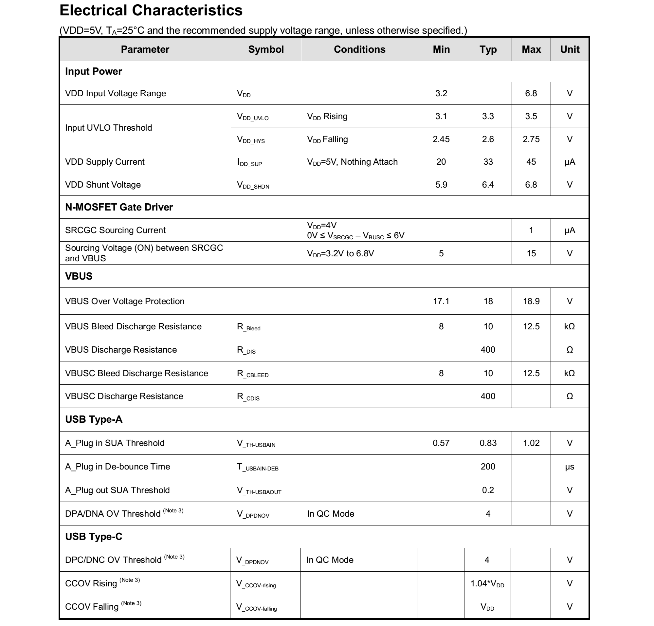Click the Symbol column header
point(265,49)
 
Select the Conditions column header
point(359,49)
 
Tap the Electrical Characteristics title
point(151,10)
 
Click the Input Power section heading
point(93,71)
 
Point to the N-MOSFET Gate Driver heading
point(119,207)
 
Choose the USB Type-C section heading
point(93,536)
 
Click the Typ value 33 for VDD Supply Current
point(488,162)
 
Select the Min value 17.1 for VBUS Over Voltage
point(441,301)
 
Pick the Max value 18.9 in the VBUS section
point(531,301)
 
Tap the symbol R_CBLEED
point(253,374)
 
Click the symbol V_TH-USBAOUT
point(259,490)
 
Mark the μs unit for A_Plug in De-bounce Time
point(569,467)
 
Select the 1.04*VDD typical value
point(487,583)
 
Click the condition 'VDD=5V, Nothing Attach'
point(352,162)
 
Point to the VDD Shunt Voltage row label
point(103,185)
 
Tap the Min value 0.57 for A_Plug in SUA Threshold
point(441,443)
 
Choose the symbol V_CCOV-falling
point(256,607)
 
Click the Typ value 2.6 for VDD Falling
point(488,139)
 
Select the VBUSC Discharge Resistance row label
point(124,396)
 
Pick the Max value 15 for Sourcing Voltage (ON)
point(531,254)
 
